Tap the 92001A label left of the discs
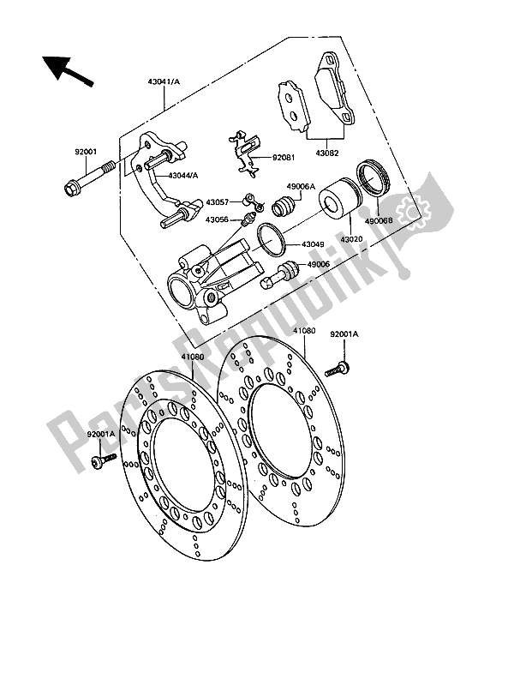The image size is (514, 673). tap(101, 436)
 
